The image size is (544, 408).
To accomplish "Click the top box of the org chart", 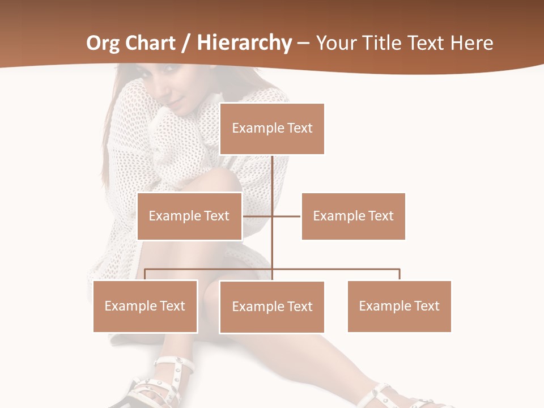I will (x=272, y=129).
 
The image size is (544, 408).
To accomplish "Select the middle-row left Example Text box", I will (x=189, y=216).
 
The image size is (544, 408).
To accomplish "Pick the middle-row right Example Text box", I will (x=353, y=216).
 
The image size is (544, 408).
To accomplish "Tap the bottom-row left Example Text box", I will (x=145, y=306).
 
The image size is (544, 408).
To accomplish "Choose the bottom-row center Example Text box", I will (x=272, y=307).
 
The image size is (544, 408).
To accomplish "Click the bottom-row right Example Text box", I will (x=399, y=306).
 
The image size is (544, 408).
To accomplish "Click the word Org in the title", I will (x=104, y=43).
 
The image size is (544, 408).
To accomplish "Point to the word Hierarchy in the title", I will (x=245, y=43).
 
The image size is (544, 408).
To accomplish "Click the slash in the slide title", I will (x=185, y=44).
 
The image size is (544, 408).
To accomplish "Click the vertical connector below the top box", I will (x=273, y=181).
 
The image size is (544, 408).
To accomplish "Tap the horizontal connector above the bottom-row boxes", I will (x=340, y=269).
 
